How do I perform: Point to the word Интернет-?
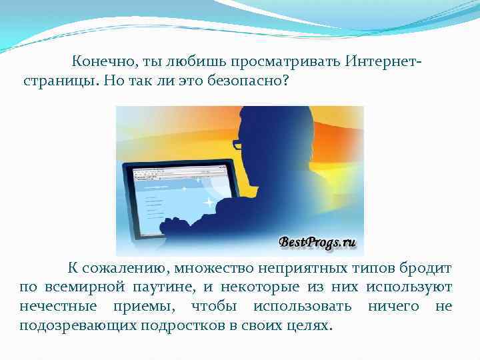tap(385, 62)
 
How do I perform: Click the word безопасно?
tap(247, 82)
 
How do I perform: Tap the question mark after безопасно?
tap(287, 82)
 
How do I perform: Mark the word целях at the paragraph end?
tap(311, 325)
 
